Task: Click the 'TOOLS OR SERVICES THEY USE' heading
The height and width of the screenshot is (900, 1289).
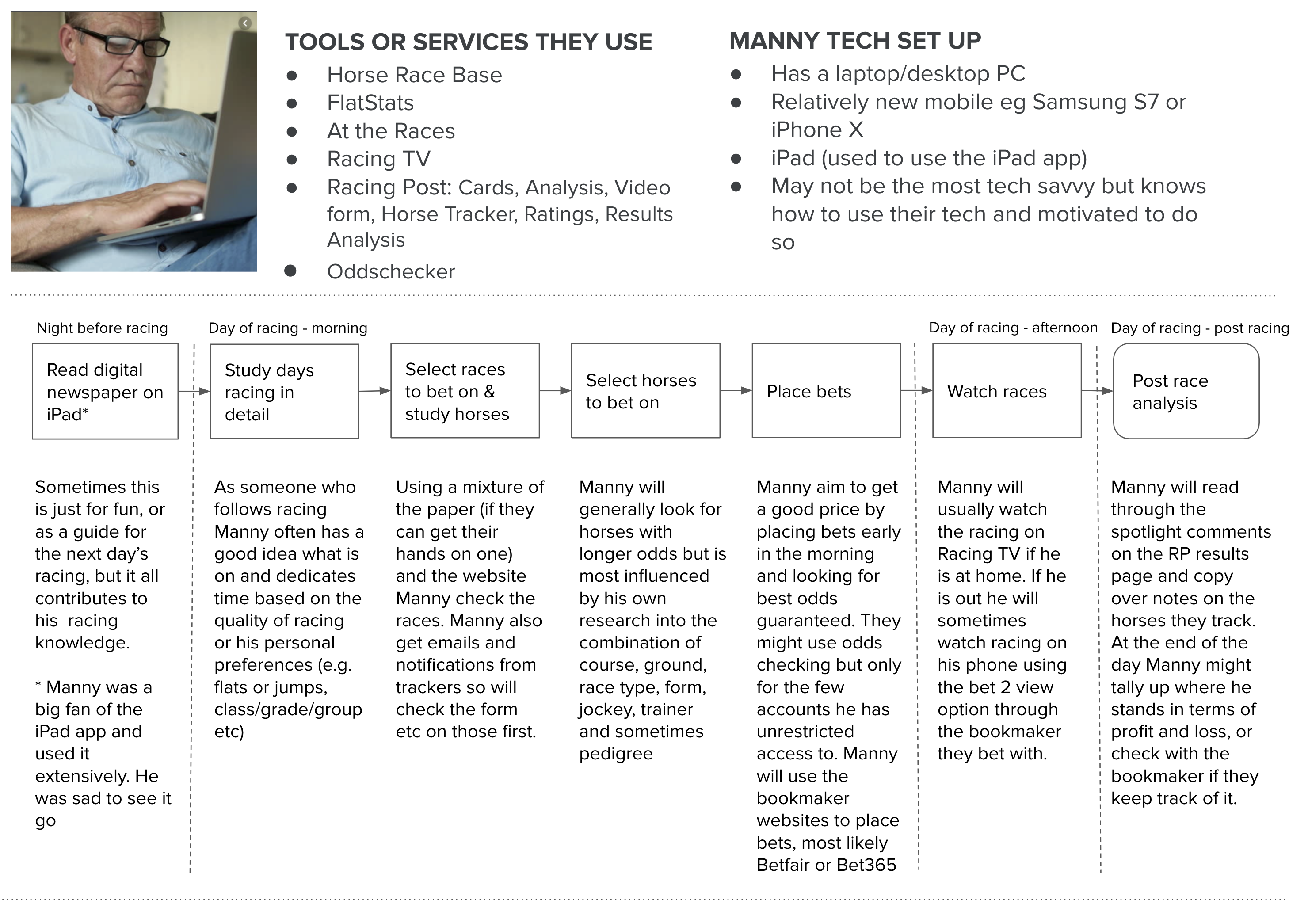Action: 468,42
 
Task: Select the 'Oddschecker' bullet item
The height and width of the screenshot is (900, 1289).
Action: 391,272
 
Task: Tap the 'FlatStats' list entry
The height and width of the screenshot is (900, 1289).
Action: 370,103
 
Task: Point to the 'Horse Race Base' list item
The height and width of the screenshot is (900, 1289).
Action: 414,75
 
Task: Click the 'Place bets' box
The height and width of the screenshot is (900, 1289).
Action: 826,391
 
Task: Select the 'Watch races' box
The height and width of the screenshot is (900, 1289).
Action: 1007,391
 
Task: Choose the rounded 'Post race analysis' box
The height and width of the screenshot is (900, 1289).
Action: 1186,391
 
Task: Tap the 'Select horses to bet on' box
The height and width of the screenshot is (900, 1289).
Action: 645,391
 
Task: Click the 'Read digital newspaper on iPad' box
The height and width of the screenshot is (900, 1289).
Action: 105,391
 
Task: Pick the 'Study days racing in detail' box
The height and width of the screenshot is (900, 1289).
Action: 284,391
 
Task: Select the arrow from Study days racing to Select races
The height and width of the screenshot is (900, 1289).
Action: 374,391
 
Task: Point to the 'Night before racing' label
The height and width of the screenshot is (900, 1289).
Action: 102,328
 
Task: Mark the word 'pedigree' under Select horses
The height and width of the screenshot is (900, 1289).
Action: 616,753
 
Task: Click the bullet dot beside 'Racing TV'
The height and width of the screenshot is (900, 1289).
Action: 291,160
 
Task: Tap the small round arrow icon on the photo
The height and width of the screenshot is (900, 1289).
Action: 245,23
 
